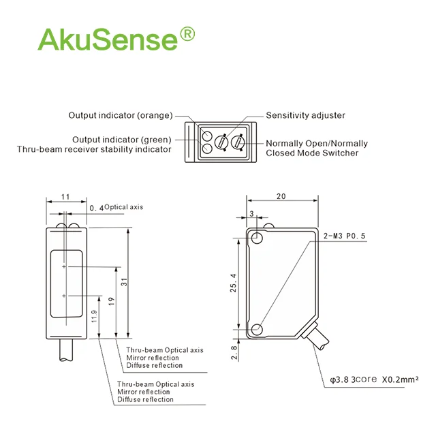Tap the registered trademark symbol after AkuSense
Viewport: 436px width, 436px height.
(x=187, y=33)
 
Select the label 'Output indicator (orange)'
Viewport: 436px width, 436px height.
(x=121, y=115)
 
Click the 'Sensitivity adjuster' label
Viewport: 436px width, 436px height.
(x=305, y=115)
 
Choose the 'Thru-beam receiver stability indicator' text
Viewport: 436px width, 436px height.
(x=94, y=149)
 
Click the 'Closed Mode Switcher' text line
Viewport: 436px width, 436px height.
(x=312, y=153)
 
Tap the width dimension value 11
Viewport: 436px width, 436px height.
(x=65, y=196)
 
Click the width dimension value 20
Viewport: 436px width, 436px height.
(x=281, y=196)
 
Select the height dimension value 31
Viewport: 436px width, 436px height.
(x=123, y=282)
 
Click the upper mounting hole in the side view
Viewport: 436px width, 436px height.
(x=257, y=238)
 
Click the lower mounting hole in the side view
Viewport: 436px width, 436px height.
(x=257, y=330)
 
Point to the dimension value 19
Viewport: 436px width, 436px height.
(x=111, y=300)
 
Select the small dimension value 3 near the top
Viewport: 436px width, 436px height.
(x=251, y=214)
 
